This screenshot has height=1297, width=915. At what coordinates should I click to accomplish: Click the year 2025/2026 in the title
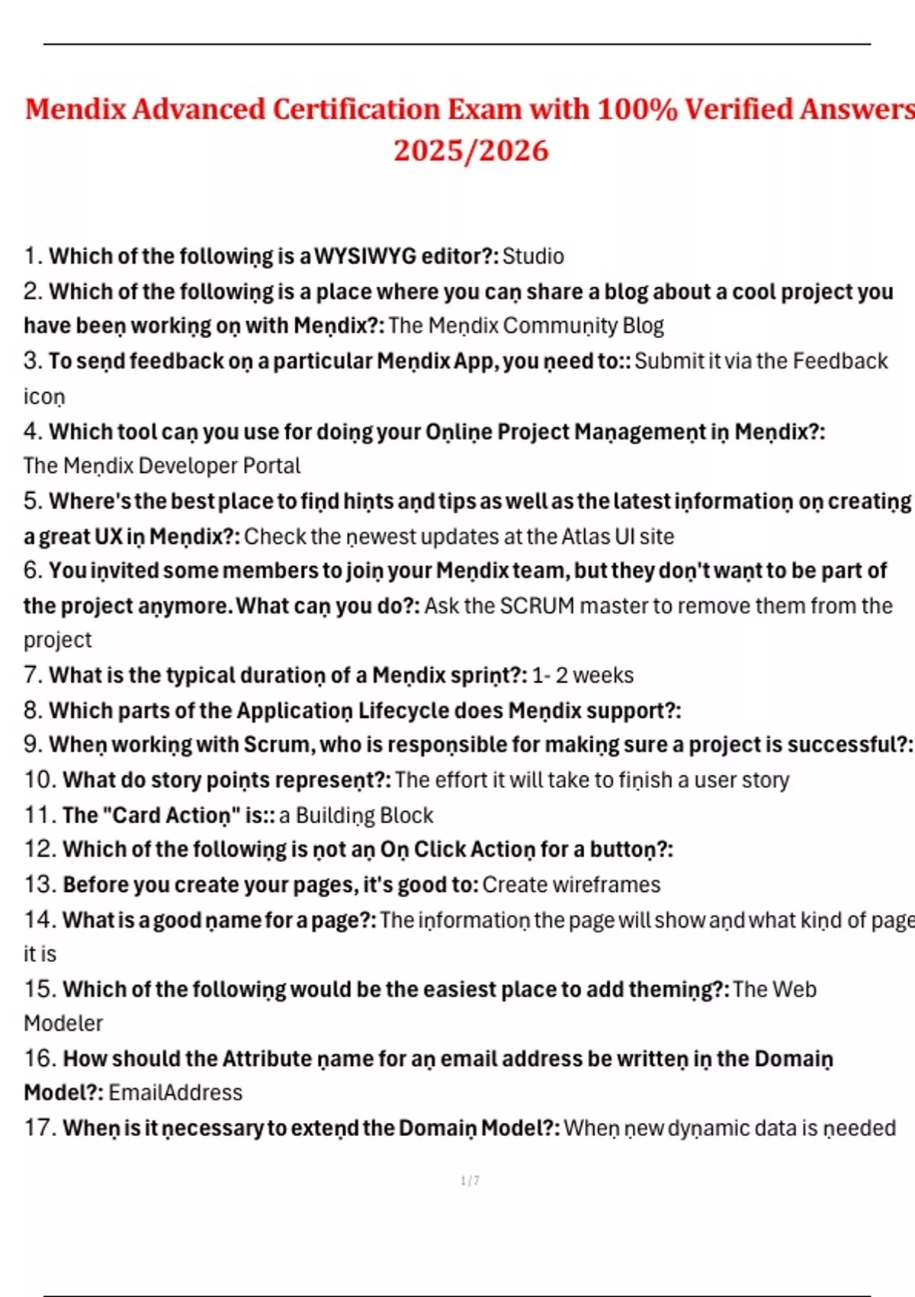(470, 150)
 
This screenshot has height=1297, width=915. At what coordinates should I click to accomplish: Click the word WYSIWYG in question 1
(365, 256)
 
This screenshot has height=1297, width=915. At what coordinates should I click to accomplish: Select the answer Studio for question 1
(533, 256)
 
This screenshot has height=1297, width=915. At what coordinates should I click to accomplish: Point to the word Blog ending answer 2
(643, 326)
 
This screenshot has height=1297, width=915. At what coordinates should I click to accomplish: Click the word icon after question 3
(44, 397)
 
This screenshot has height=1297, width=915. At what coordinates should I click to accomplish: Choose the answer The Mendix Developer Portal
(162, 465)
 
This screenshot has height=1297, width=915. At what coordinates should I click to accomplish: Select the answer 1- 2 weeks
(583, 675)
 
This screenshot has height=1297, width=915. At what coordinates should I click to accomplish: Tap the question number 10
(40, 780)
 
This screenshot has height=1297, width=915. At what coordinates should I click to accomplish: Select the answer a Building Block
(356, 815)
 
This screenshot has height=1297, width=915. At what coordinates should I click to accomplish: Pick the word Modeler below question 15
(63, 1023)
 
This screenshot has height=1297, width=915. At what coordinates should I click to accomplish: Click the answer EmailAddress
(175, 1093)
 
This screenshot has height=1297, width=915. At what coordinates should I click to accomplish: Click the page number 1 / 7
(470, 1180)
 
